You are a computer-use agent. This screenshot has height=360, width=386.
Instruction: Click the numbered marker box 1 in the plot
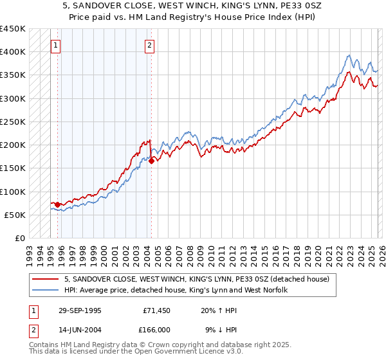(x=57, y=45)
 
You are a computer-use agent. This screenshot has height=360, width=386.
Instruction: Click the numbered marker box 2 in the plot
(x=149, y=45)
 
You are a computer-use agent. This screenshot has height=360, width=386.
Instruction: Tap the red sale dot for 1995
(x=58, y=204)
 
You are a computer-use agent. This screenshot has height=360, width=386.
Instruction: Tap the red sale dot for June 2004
(x=151, y=161)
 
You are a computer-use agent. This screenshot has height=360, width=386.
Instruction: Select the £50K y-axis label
(x=15, y=215)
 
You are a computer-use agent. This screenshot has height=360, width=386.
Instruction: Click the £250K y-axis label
(x=13, y=122)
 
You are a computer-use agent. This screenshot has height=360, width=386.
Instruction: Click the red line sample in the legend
(x=46, y=279)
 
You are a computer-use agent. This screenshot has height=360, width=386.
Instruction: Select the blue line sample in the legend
(x=46, y=290)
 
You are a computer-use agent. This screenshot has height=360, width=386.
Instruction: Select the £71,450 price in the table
(x=156, y=310)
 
